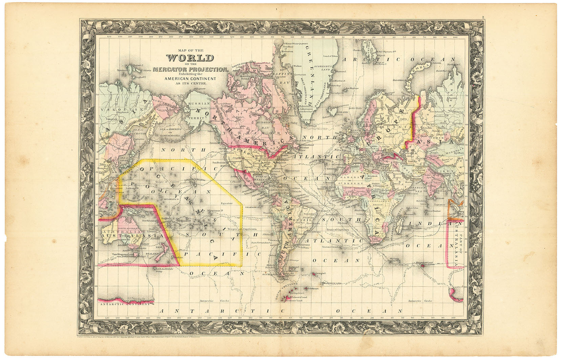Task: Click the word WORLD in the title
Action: [x=190, y=58]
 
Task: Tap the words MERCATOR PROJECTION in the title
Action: [x=190, y=69]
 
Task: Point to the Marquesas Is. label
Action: [x=217, y=211]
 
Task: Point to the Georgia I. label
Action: [x=320, y=273]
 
